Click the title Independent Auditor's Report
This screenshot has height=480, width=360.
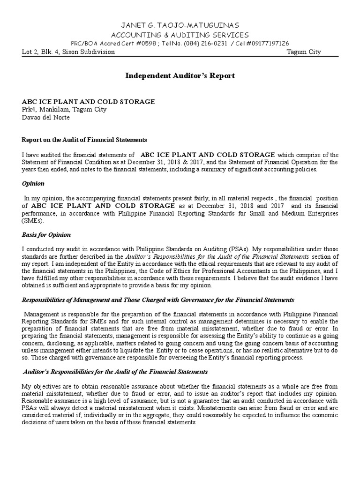coord(180,75)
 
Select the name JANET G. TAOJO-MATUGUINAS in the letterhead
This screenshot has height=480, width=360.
coord(180,25)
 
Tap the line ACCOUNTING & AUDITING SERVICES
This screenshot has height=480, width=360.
coord(180,35)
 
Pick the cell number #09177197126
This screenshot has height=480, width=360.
coord(266,43)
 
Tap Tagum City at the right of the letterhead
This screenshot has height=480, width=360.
coord(304,52)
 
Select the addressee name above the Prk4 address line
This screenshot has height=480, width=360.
coord(88,102)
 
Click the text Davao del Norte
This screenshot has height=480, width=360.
coord(46,117)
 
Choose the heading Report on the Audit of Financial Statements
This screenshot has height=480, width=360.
coord(85,140)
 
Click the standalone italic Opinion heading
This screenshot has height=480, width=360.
coord(34,183)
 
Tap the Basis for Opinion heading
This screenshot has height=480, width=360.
coord(46,234)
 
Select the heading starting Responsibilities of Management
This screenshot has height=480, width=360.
coord(158,300)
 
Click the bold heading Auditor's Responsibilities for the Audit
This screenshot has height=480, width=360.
coord(115,372)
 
